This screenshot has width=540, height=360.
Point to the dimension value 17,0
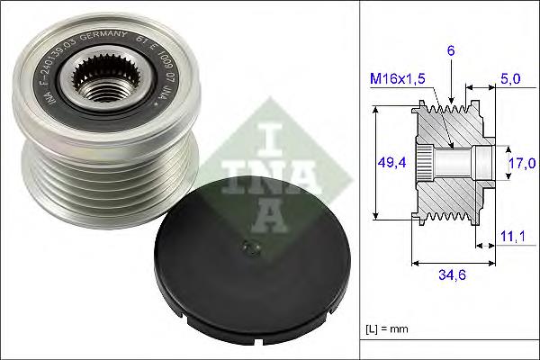pos(522,163)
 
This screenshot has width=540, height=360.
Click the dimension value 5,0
pos(509,78)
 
